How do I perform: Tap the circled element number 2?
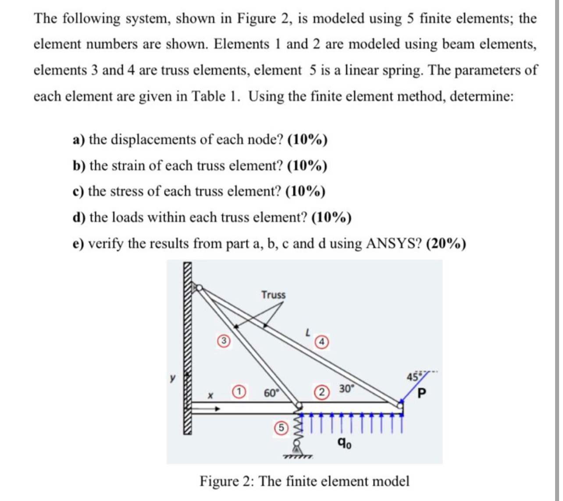(x=323, y=391)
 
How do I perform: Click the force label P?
(x=422, y=393)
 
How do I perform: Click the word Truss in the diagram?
(x=273, y=295)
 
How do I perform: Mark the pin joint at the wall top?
(x=199, y=288)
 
